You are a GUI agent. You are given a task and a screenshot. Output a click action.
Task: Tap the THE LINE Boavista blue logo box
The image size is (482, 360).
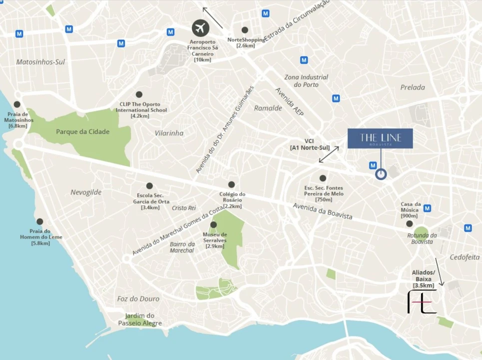[381, 138]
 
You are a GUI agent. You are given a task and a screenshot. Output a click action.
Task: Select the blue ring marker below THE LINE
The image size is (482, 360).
[381, 174]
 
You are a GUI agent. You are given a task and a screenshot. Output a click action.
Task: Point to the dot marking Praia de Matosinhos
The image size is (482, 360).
[17, 104]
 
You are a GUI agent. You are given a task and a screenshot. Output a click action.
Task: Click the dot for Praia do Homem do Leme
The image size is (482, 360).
[39, 221]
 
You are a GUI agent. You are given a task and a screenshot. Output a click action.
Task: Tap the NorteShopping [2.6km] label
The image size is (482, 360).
[246, 42]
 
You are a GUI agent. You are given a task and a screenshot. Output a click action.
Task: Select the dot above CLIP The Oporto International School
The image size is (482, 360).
[139, 94]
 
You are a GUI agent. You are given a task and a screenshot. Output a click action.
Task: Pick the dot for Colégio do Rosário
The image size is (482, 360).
[231, 184]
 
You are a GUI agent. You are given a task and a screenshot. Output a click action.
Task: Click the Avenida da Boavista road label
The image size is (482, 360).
[323, 211]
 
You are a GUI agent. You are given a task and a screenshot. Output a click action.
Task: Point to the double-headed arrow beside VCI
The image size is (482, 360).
[329, 154]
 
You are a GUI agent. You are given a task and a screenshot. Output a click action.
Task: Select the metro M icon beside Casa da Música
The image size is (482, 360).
[427, 208]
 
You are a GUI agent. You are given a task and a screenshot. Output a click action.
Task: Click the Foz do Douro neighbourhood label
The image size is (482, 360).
[138, 298]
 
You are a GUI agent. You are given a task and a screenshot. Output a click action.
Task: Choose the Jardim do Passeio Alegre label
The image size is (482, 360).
[140, 319]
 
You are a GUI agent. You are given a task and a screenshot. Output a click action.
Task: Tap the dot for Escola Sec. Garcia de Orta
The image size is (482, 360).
[149, 185]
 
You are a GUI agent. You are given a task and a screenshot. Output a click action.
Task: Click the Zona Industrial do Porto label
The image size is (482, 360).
[306, 80]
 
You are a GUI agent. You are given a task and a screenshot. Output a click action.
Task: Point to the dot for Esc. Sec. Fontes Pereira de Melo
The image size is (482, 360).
[323, 178]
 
